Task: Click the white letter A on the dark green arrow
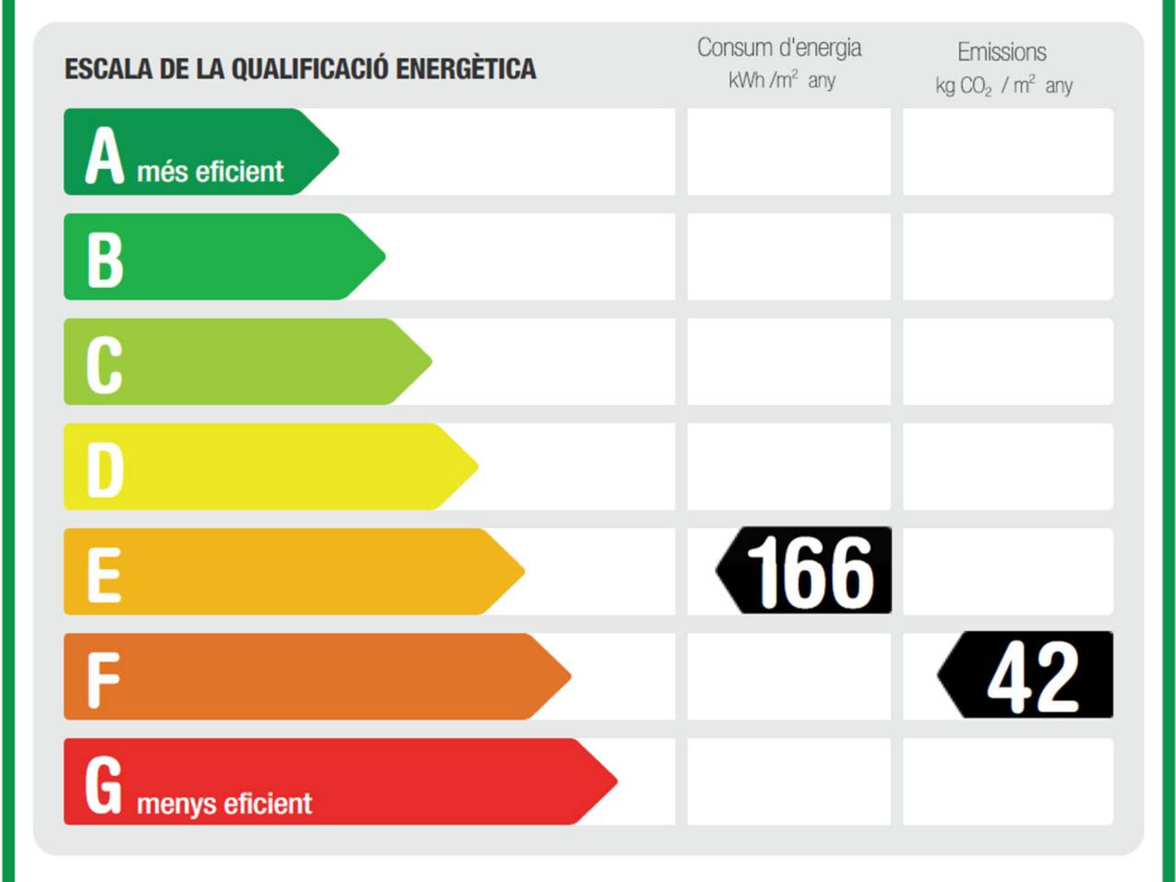click(x=105, y=155)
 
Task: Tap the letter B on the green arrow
click(x=105, y=260)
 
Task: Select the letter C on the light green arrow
click(x=104, y=365)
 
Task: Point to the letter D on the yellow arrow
click(x=105, y=470)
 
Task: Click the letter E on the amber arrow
click(x=104, y=575)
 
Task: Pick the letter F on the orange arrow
click(x=103, y=681)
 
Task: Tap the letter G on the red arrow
click(x=103, y=785)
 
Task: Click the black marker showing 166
click(x=806, y=571)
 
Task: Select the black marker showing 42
click(x=1027, y=675)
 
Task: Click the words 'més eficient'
click(x=210, y=172)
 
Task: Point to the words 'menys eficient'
click(x=224, y=804)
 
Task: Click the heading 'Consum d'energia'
click(x=779, y=48)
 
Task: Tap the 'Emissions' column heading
click(x=1001, y=52)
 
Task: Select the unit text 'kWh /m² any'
click(x=782, y=81)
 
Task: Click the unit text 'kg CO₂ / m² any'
click(x=1003, y=86)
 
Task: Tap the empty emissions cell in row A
click(x=1008, y=152)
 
